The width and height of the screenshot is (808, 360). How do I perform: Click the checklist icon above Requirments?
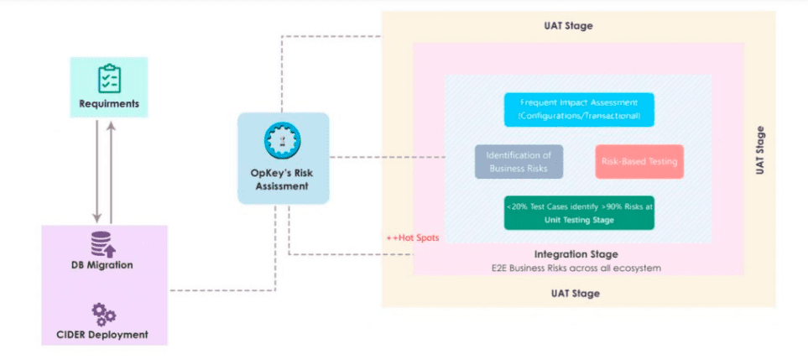[109, 79]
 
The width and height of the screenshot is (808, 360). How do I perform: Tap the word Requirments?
[109, 105]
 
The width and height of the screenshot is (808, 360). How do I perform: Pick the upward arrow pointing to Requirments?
[112, 172]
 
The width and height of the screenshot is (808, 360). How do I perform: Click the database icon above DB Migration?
[104, 245]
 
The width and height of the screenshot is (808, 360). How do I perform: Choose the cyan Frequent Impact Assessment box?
[579, 109]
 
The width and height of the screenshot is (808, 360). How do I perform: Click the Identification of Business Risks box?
[519, 162]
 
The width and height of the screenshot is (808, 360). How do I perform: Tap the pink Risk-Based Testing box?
[639, 161]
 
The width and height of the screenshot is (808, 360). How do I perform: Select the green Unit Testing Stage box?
[578, 212]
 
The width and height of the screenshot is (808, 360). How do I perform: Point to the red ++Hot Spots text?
[412, 237]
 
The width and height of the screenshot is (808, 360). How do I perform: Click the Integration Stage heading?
[576, 253]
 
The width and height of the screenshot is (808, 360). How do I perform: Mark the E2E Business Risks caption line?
[576, 268]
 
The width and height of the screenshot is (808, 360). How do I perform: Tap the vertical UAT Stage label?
[760, 150]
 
